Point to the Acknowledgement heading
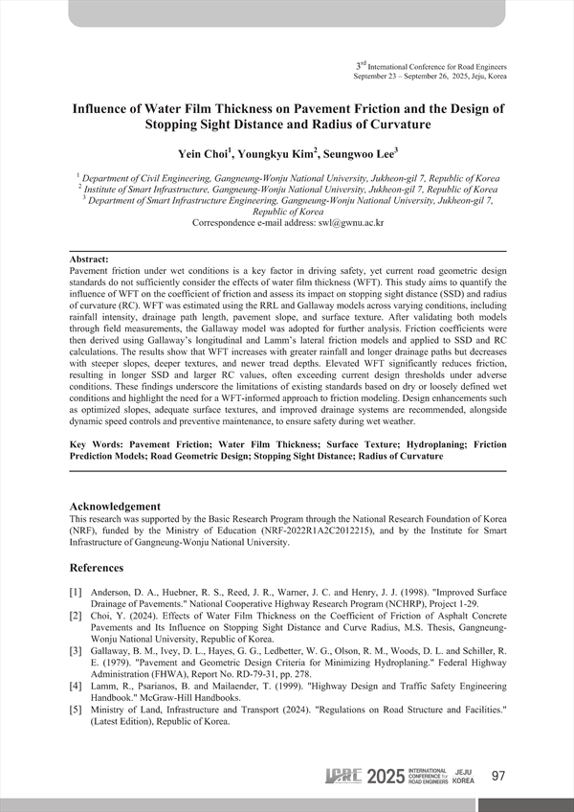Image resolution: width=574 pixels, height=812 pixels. pos(116,507)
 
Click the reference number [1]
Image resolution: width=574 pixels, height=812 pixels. pos(79,593)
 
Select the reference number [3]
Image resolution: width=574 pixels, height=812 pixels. pos(79,650)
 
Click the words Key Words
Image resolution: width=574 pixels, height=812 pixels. pos(98,446)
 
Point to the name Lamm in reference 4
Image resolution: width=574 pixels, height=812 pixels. pos(112,686)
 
